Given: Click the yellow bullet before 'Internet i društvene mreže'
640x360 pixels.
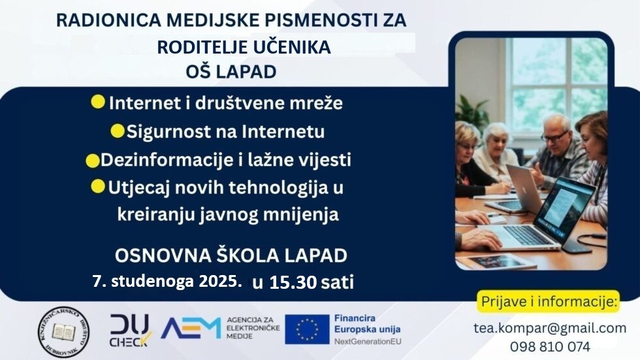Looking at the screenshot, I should tap(99, 102).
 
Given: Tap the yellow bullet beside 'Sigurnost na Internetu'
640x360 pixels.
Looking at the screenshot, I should tap(118, 131).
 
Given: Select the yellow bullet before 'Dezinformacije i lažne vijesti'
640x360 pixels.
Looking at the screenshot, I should tap(93, 159).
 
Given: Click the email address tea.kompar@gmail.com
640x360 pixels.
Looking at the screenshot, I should tap(549, 328).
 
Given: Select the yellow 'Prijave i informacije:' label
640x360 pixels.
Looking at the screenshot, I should tap(549, 301).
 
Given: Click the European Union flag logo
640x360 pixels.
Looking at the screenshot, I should tap(306, 329).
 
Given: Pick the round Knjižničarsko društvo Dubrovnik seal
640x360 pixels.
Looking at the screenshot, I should tap(63, 331).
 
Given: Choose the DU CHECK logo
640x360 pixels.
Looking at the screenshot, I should tap(130, 330).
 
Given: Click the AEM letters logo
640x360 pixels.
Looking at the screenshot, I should tap(190, 329).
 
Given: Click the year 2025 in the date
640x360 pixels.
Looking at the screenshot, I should tap(220, 282).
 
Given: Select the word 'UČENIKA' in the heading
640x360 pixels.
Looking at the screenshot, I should tap(298, 47).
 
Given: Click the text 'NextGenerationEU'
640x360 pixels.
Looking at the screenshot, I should tap(366, 342).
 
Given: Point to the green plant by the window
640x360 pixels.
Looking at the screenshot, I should tap(472, 111).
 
